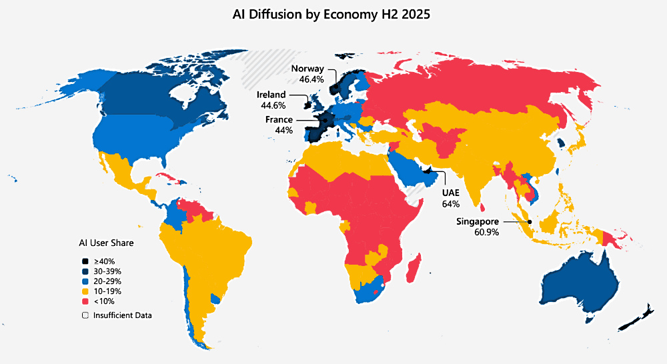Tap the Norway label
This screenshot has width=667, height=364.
point(307,69)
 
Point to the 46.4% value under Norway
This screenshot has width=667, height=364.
point(311,79)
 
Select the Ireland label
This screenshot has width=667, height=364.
point(271,95)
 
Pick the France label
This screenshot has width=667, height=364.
point(279,119)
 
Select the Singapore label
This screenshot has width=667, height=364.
point(478,221)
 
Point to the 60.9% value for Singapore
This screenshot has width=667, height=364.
point(486,232)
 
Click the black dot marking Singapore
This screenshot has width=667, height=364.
point(529,222)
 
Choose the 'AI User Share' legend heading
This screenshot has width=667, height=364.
point(107,243)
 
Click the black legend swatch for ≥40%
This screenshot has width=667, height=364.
point(85,261)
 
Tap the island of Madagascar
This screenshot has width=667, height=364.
point(414,265)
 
